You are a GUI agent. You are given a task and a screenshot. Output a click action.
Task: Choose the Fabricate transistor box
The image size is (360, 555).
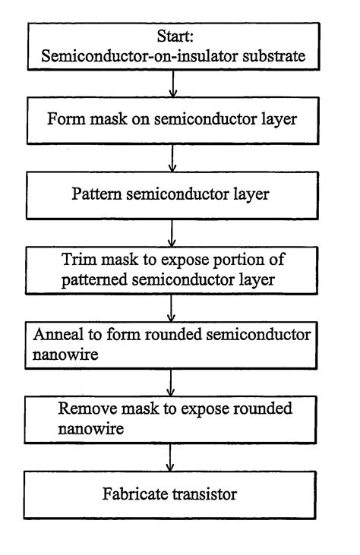pos(175,494)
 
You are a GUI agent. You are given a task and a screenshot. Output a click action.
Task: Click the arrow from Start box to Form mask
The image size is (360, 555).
pos(175,84)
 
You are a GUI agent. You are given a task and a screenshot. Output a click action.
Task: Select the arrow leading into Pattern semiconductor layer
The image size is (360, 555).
pos(175,155)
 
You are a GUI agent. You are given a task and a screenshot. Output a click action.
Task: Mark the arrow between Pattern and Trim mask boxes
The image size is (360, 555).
pos(175,228)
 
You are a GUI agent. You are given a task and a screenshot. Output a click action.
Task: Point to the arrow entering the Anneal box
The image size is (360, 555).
pos(175,301)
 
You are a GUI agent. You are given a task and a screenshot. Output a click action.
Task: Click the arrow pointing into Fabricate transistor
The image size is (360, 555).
pos(175,457)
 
